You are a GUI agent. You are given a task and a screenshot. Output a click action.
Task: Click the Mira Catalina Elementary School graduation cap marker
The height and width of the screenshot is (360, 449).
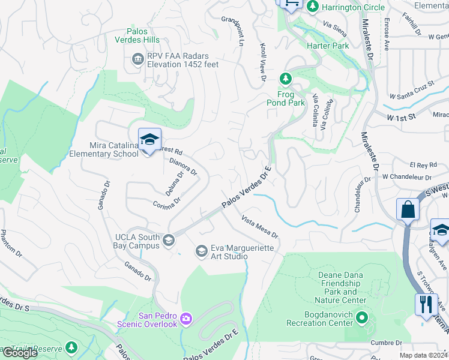coord(148,140)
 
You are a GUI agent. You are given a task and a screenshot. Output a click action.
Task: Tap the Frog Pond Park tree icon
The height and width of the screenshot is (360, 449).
coord(286,79)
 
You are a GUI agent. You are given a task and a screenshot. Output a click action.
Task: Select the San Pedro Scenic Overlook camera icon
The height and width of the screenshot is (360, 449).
coord(186,317)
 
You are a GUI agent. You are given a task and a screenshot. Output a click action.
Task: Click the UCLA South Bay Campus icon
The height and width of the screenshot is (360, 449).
coord(169,241)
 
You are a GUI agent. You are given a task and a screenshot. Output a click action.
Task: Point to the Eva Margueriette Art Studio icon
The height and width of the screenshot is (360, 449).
coord(202,250)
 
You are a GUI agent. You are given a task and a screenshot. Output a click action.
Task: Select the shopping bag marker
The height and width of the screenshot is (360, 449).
coord(408,210)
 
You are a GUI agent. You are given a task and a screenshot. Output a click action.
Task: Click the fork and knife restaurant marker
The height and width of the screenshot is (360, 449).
coord(426,304)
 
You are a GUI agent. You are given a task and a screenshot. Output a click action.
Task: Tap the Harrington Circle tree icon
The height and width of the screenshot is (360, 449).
coord(312,7)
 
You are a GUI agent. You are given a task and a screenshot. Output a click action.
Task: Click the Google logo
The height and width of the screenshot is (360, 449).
coord(20,353)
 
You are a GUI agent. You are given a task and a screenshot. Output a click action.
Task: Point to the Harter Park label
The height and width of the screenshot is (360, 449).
coord(328,46)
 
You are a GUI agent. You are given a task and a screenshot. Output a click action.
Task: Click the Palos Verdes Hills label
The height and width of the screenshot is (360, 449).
coord(137,35)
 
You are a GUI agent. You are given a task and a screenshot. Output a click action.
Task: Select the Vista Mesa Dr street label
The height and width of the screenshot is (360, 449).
coord(260,226)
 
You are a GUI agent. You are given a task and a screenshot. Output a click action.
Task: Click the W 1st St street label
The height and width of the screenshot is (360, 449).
coord(402,117)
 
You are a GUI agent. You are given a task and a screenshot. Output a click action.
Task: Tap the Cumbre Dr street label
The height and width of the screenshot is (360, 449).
coord(386,343)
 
